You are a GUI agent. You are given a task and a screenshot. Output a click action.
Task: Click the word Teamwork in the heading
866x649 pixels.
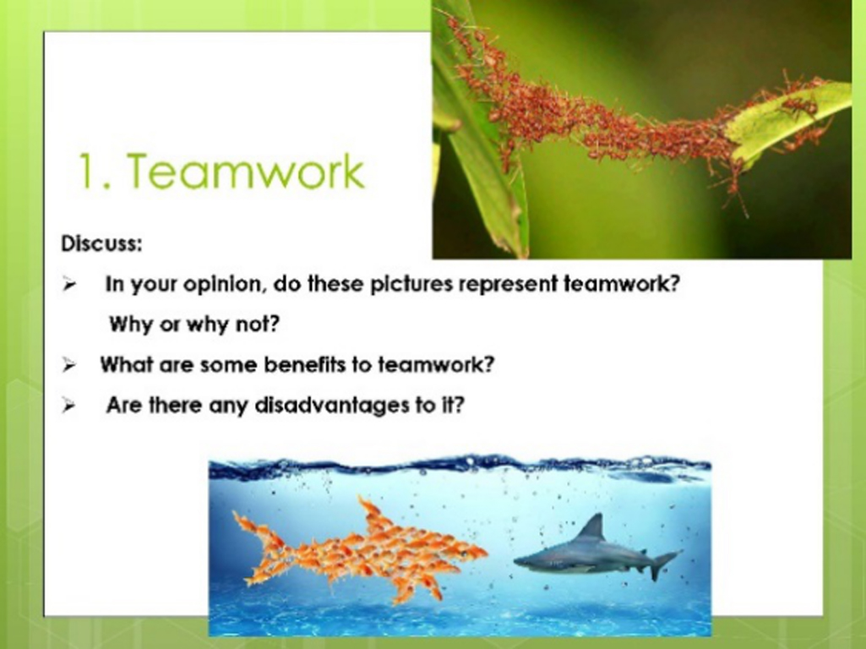pos(246,172)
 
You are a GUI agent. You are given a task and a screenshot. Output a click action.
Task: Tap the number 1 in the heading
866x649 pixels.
pos(88,172)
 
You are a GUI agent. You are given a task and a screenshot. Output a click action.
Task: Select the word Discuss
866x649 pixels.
pos(101,243)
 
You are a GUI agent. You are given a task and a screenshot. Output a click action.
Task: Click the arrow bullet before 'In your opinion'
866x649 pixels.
pos(69,285)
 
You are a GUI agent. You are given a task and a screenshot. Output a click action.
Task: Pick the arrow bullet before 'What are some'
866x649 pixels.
pos(69,365)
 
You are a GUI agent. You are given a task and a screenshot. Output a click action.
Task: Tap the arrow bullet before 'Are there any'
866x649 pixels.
pos(69,406)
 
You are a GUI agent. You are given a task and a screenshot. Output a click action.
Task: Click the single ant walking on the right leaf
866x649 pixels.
pos(800,106)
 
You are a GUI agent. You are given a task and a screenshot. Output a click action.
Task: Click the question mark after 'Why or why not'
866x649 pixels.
pos(275,324)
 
